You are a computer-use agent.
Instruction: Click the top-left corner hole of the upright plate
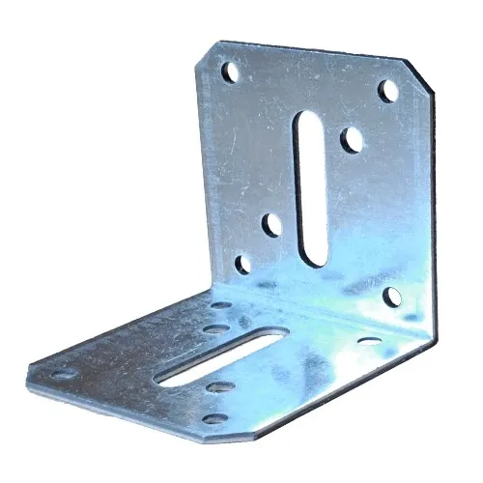pos(229,72)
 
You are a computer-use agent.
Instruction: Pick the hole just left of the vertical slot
pos(272,226)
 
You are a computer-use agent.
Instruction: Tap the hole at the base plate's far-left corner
pos(60,373)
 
